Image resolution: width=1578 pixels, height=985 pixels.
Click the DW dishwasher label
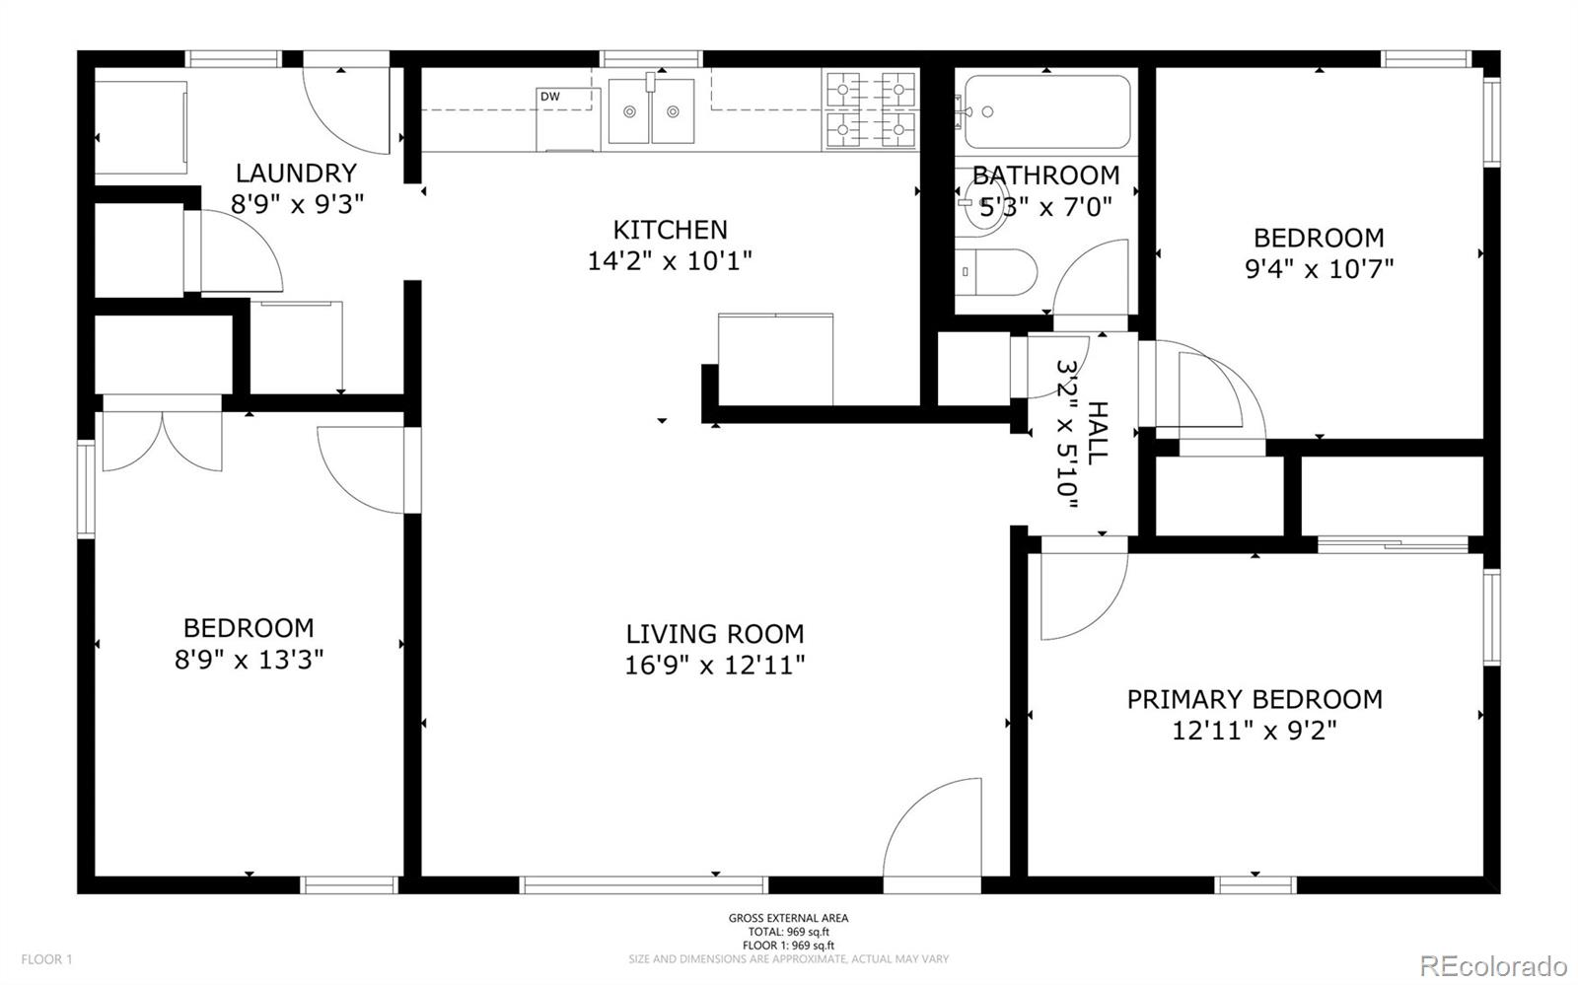(x=550, y=98)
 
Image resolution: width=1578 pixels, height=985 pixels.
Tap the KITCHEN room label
(x=670, y=230)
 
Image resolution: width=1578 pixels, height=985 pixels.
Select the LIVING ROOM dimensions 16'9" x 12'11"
(x=715, y=665)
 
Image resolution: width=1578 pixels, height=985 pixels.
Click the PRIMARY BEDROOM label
(x=1255, y=699)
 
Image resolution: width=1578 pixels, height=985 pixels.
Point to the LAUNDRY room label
(x=297, y=174)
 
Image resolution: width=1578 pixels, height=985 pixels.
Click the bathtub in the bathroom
(x=1046, y=112)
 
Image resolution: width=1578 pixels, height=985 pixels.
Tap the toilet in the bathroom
(x=996, y=272)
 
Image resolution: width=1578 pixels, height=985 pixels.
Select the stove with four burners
(x=871, y=109)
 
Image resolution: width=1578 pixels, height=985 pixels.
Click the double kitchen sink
(x=651, y=110)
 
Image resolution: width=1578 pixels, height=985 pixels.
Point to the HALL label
(x=1097, y=432)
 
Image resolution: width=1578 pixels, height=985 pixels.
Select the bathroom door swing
(x=1091, y=277)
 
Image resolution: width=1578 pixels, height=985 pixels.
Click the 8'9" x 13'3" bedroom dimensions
(x=250, y=660)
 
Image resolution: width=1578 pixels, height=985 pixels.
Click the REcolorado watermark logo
(x=1492, y=964)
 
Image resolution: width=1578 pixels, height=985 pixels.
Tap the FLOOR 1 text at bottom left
(x=46, y=959)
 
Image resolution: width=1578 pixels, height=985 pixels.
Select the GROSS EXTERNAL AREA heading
(x=788, y=918)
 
